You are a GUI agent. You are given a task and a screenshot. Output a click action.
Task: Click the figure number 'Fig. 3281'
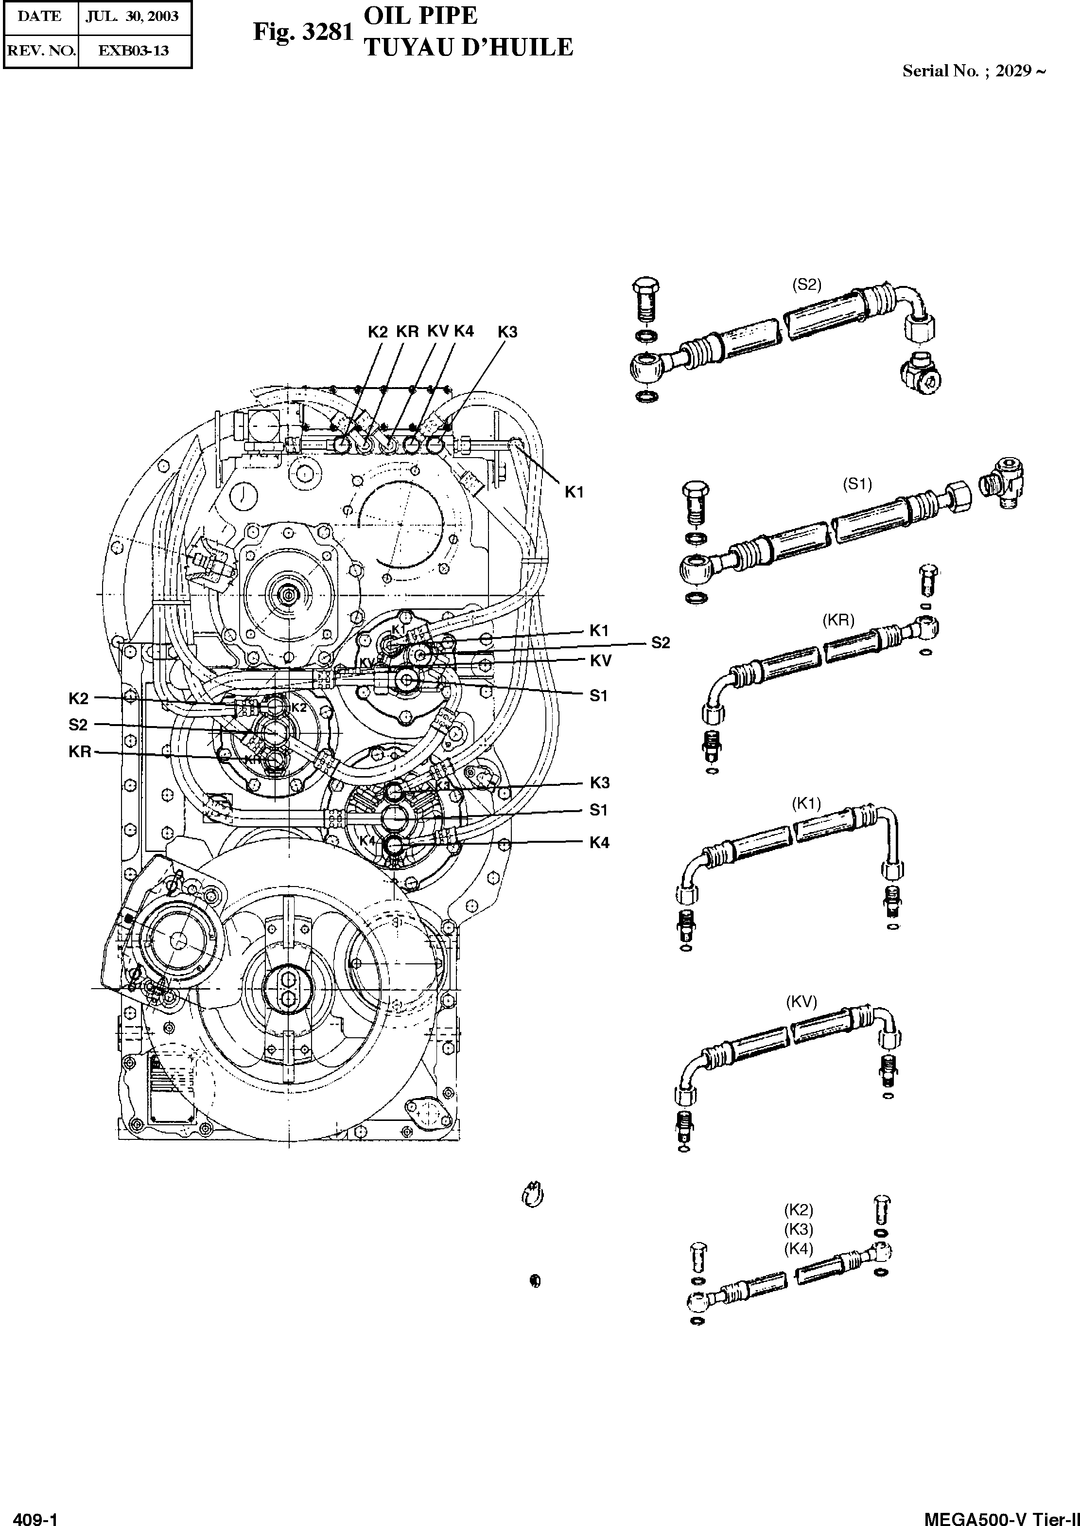[303, 32]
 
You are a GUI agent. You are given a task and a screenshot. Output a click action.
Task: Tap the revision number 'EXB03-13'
[134, 51]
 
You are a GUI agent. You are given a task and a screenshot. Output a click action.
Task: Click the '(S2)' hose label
[807, 284]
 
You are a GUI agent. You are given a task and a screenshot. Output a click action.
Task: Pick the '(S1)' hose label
[857, 484]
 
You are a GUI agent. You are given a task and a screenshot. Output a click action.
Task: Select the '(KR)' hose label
[838, 620]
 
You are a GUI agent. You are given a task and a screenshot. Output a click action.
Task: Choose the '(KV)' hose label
[801, 1002]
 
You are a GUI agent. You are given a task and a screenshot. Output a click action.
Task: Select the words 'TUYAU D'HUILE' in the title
[469, 48]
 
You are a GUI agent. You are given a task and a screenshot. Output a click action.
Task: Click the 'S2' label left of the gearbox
[78, 725]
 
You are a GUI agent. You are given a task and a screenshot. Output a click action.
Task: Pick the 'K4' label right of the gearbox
[599, 843]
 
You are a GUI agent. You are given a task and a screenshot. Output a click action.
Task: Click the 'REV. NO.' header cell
[40, 51]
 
